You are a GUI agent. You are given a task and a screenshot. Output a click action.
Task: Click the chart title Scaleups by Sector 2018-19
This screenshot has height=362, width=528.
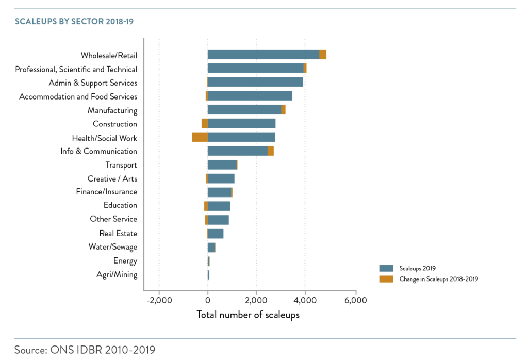(75, 22)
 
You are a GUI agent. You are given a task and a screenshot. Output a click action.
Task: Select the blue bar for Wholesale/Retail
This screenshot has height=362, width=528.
(263, 55)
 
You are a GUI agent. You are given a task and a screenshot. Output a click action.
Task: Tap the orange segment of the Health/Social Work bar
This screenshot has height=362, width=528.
(200, 137)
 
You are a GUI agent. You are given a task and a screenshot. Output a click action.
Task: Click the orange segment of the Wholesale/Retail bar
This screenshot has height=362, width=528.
(323, 55)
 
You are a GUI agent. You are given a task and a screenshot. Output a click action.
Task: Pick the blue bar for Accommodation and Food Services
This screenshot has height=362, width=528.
(250, 96)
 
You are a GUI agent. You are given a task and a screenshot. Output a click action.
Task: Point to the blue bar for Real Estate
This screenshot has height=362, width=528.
(216, 234)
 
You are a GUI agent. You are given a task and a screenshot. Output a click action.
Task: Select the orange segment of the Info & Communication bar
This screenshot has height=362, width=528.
(271, 151)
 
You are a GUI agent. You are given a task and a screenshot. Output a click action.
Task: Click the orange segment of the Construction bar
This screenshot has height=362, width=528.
(204, 123)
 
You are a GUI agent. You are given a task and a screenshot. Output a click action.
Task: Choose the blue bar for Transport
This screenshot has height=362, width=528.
(222, 164)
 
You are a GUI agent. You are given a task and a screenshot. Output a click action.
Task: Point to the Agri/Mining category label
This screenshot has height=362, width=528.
(118, 275)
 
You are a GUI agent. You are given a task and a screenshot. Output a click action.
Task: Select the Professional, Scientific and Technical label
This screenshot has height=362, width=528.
(76, 69)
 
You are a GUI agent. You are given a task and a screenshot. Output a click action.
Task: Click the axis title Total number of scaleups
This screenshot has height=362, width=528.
(248, 315)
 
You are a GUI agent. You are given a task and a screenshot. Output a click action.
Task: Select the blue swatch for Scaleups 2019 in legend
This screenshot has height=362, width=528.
(386, 268)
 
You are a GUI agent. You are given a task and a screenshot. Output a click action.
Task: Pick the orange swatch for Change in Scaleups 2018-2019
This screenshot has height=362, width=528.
(386, 279)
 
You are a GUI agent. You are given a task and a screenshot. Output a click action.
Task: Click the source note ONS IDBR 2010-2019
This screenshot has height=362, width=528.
(85, 350)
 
